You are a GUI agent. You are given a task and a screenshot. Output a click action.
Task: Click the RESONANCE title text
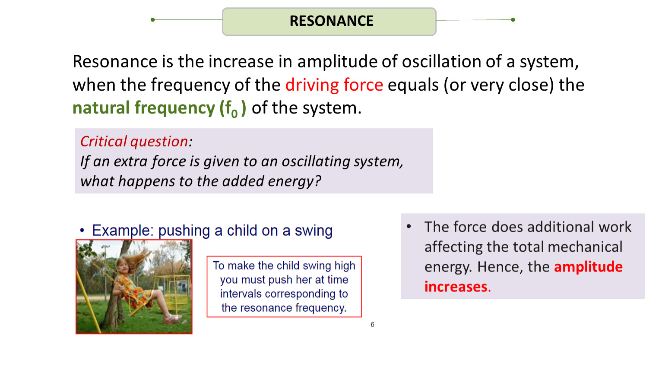tap(331, 21)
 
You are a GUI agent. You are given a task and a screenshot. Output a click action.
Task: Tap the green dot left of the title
tap(152, 20)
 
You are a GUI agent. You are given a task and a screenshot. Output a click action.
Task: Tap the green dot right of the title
tap(513, 20)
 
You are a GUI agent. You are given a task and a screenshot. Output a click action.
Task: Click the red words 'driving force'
tap(334, 85)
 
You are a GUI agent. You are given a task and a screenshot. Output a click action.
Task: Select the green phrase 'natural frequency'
tap(144, 107)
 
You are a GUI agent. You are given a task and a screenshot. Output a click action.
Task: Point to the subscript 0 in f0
tap(234, 114)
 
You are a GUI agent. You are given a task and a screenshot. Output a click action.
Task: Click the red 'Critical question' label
tap(134, 141)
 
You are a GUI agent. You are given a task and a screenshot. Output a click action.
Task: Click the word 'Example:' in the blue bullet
tap(123, 230)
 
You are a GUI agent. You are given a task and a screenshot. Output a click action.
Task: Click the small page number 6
tap(372, 325)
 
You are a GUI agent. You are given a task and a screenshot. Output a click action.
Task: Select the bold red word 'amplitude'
tap(588, 267)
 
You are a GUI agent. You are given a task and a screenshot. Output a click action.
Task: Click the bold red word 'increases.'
tap(458, 287)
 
